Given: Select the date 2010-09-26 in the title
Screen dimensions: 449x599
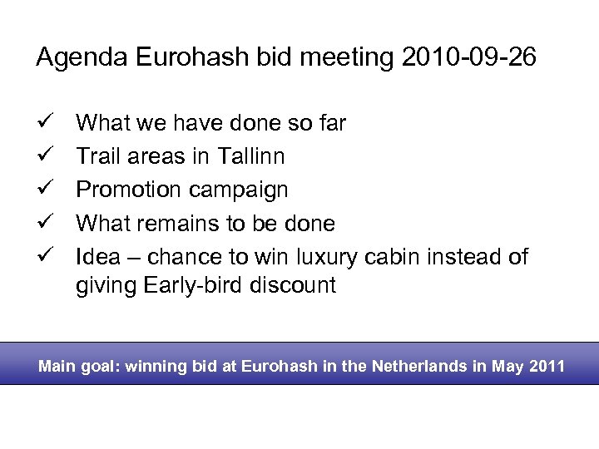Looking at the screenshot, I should (x=468, y=57).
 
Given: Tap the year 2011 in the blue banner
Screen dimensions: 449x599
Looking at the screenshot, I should (x=548, y=366).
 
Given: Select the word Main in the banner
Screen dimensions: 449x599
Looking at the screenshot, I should (x=56, y=366).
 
